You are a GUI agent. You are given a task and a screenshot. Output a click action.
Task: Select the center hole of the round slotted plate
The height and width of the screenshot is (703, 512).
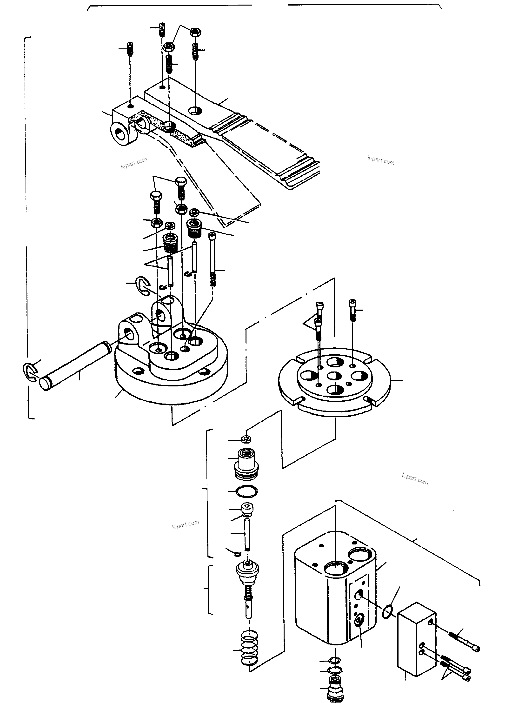[x=334, y=376]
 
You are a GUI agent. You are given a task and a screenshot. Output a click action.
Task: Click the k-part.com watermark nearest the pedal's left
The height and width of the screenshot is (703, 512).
[x=134, y=163]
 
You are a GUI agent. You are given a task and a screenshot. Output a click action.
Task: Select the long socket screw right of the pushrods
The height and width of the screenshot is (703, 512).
[x=212, y=259]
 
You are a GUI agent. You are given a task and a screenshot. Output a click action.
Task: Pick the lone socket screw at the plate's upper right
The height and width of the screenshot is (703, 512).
[x=353, y=310]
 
